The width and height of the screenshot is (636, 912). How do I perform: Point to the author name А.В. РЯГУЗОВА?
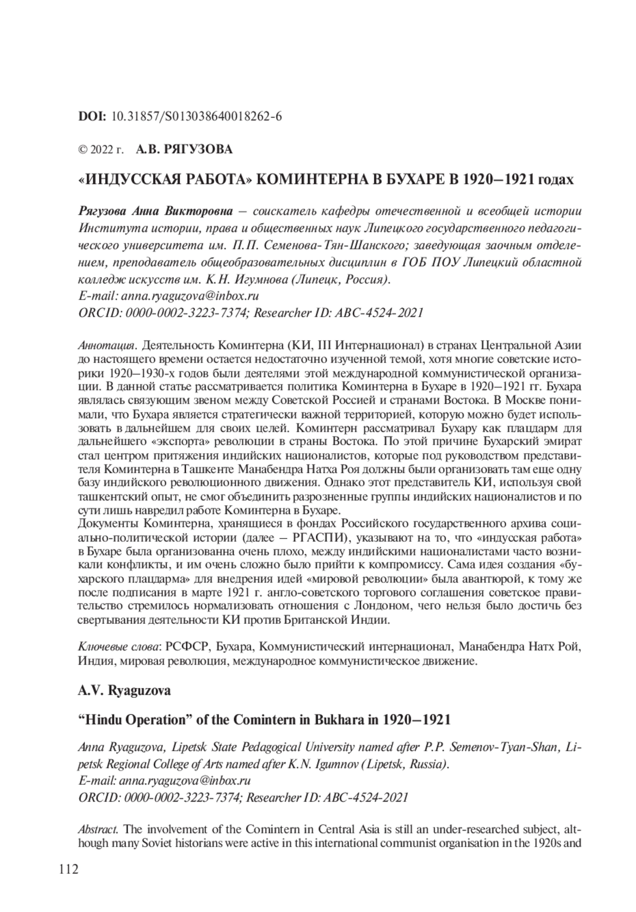tap(184, 150)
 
